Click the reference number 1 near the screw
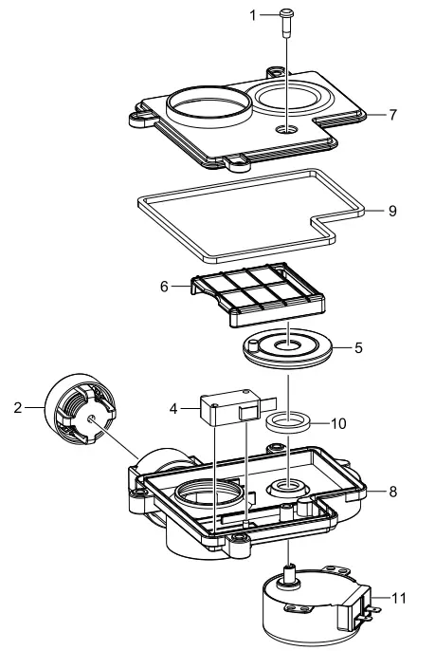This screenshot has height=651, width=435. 253,14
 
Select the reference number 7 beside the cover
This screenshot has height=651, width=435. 392,114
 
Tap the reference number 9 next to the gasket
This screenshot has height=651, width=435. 392,211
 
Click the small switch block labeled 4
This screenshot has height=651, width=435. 227,411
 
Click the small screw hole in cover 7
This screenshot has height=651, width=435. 285,128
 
